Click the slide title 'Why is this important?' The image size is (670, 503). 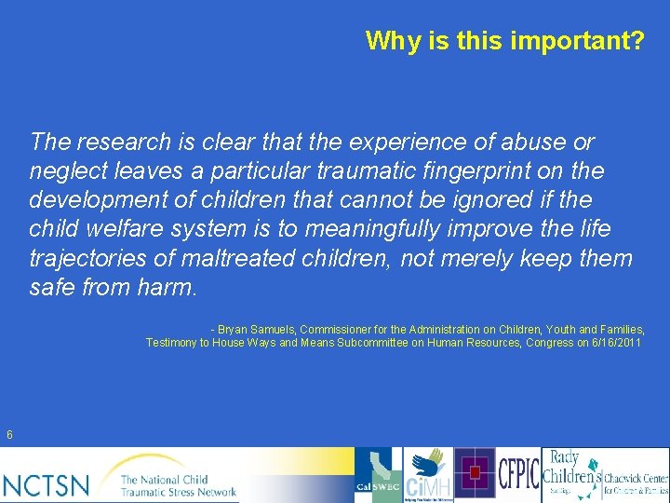click(503, 41)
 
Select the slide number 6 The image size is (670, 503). click(9, 434)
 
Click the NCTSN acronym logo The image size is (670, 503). click(47, 484)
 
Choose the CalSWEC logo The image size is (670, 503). click(377, 475)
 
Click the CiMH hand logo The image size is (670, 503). click(427, 475)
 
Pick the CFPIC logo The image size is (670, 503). click(518, 474)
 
